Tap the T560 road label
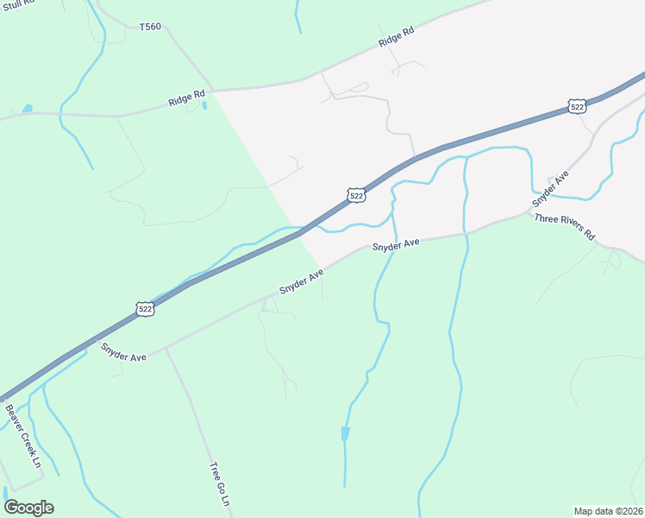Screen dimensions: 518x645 150,28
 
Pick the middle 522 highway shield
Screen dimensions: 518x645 357,196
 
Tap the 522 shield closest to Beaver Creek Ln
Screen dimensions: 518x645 146,308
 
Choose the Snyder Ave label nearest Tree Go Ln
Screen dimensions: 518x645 123,351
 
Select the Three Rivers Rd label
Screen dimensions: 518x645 565,226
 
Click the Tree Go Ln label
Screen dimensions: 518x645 220,484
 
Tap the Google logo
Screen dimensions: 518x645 28,508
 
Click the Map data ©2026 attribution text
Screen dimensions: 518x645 607,511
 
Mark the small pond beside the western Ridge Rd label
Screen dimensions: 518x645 204,106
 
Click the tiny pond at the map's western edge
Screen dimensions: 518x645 28,109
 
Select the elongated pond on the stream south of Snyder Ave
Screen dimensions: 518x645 346,433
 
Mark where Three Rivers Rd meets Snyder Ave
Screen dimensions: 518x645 530,212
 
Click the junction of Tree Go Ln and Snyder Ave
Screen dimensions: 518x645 166,347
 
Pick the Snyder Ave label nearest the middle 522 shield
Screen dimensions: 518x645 396,245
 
